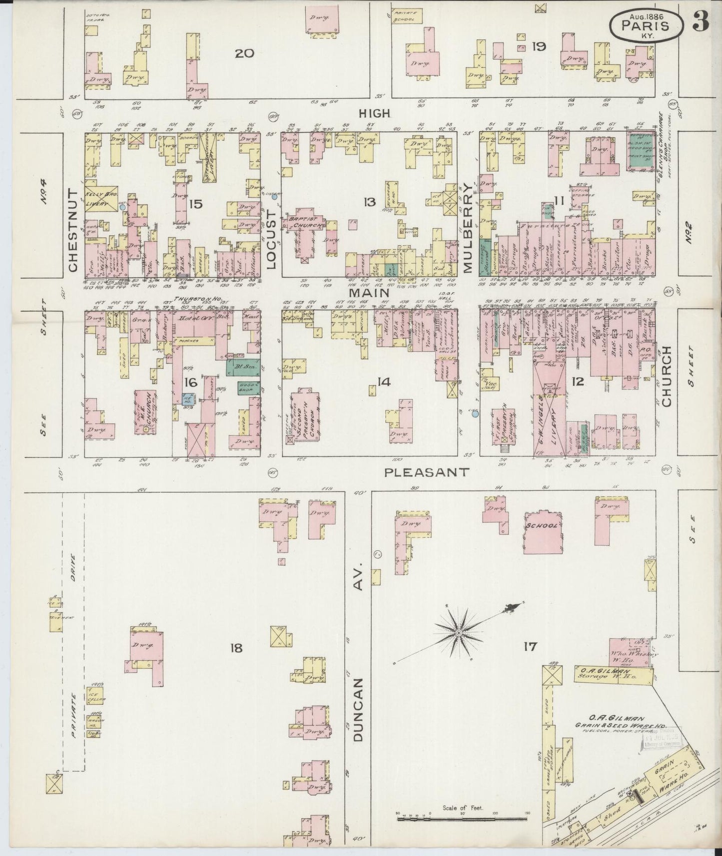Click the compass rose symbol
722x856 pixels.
[458, 633]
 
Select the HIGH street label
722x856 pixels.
[374, 114]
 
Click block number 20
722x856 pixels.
[245, 53]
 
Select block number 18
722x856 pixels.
[236, 648]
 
